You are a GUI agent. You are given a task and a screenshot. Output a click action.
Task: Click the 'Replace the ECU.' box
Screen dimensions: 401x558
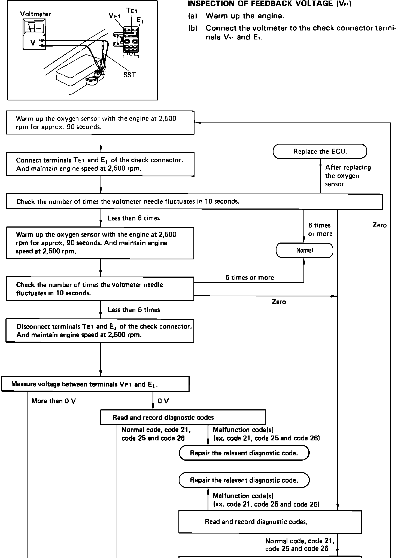pos(320,151)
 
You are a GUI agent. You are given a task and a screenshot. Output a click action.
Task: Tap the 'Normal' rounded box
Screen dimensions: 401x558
pos(305,250)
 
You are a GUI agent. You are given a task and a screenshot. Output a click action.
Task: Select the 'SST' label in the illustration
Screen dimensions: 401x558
pos(130,75)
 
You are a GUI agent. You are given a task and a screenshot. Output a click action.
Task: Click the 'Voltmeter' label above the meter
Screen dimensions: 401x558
pos(35,14)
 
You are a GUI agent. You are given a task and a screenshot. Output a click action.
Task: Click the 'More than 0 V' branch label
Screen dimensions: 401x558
pos(54,401)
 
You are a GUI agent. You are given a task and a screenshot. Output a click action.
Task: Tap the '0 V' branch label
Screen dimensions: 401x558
pos(163,401)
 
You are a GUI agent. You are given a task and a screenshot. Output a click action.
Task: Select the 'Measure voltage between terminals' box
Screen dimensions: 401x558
pos(95,384)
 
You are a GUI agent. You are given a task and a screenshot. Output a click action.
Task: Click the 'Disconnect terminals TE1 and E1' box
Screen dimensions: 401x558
pos(100,330)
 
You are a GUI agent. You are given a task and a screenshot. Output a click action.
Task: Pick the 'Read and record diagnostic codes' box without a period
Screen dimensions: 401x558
pos(183,418)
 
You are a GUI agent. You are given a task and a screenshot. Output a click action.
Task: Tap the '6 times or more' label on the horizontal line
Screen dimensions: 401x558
pos(250,278)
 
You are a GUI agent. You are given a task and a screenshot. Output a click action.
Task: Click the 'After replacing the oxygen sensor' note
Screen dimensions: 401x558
pos(348,176)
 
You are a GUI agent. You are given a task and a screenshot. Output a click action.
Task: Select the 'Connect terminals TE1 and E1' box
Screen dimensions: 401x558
pos(100,164)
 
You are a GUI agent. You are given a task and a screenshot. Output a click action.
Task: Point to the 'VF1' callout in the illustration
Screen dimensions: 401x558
pos(114,16)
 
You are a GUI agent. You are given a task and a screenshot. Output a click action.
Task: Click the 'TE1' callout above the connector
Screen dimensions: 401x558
pos(132,11)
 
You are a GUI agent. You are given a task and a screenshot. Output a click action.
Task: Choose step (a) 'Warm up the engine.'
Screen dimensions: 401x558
pos(236,16)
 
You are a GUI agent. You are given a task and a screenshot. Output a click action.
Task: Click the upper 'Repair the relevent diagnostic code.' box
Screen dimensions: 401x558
pos(244,453)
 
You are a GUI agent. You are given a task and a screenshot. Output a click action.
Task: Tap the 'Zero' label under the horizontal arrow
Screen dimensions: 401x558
pos(279,302)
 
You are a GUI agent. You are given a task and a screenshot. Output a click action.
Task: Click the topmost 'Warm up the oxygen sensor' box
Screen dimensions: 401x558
pos(100,122)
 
